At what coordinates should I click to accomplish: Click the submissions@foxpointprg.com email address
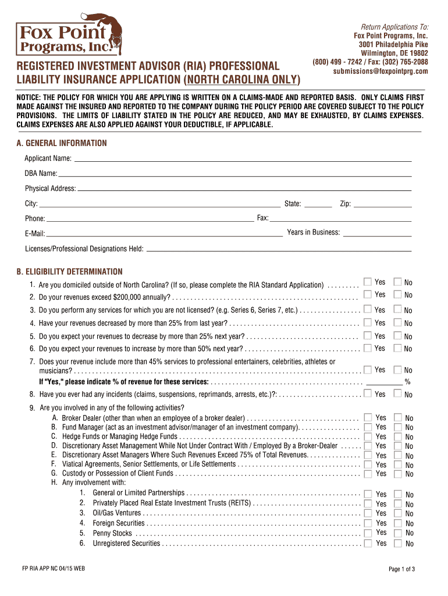point(380,71)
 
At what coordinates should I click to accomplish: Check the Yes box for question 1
point(368,282)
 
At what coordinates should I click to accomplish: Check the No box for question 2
point(398,295)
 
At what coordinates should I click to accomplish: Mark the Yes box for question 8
point(368,393)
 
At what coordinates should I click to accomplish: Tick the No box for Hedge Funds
point(398,437)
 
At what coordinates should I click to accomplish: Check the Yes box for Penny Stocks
point(368,533)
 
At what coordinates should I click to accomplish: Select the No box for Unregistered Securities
point(398,544)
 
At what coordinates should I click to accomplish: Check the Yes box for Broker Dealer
point(368,417)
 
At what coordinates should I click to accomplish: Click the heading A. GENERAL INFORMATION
point(62,143)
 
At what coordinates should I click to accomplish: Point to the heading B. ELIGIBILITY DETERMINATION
point(69,272)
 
